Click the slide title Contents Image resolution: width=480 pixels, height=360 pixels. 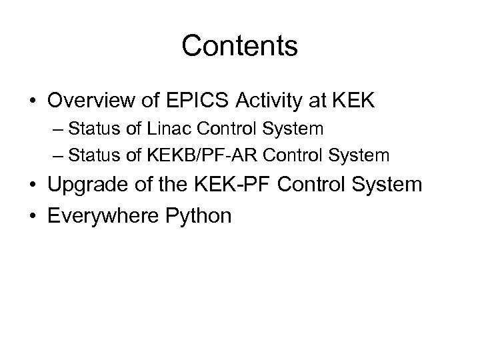pos(239,46)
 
